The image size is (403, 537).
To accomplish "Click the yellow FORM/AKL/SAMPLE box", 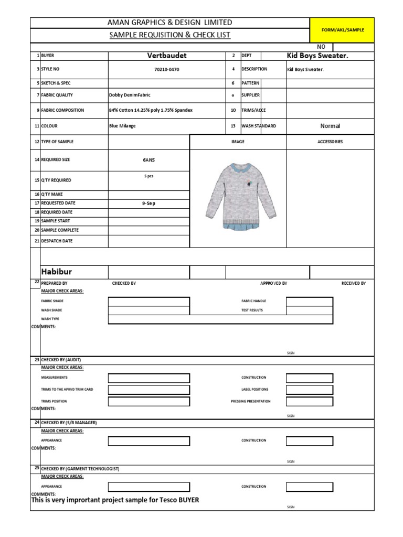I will (x=342, y=30).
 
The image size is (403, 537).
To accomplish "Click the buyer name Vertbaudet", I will (x=167, y=55).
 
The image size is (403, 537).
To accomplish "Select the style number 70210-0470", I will (x=167, y=69).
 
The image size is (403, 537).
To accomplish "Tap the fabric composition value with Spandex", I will (x=151, y=110).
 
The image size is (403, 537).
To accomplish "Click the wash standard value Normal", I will (x=330, y=126).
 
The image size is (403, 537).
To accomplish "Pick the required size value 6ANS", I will (x=149, y=160).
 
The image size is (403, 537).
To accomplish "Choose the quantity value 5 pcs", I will (x=149, y=176).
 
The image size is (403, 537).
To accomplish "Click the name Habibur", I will (x=56, y=271).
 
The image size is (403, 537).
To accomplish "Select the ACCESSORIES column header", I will (x=330, y=142).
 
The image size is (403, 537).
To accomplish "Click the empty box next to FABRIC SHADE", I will (x=149, y=301).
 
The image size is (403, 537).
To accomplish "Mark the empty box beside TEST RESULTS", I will (x=309, y=310).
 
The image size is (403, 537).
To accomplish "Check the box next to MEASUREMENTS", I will (x=149, y=378).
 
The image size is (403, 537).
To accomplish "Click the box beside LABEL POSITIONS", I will (x=309, y=390).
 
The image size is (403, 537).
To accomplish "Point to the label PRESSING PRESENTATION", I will (x=251, y=401).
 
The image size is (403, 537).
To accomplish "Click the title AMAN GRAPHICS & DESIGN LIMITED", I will (x=169, y=22).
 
